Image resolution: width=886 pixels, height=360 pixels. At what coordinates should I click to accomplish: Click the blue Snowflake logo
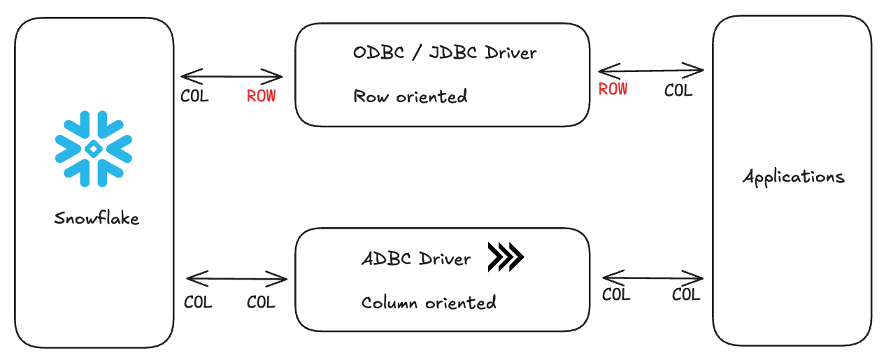(x=93, y=148)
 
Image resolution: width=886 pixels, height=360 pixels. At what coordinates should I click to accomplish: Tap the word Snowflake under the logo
(x=97, y=218)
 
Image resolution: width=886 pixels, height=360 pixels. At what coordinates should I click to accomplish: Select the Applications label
(x=793, y=177)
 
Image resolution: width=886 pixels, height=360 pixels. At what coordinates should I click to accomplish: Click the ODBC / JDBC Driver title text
(x=445, y=52)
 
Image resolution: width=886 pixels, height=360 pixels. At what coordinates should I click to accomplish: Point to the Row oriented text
(x=410, y=96)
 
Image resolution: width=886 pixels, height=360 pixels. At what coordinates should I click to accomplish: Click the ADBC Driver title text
(x=416, y=259)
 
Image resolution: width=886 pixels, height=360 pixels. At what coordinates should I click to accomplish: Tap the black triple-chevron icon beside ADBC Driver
(x=506, y=257)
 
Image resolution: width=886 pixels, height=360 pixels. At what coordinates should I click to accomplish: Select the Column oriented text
(x=429, y=303)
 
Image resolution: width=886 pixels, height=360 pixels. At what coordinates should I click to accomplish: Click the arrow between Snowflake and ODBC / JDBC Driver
(x=231, y=75)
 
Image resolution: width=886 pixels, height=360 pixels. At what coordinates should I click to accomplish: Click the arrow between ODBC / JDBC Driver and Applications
(x=650, y=70)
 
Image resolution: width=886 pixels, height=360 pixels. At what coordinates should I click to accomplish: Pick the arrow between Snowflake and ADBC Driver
(x=237, y=280)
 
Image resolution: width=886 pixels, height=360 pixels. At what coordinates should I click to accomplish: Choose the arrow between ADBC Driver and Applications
(x=652, y=278)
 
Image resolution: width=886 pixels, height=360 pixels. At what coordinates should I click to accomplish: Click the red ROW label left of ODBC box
(x=261, y=96)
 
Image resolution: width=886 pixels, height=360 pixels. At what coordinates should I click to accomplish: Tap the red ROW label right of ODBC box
(x=613, y=89)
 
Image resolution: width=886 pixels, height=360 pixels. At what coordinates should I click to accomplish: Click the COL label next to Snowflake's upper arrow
(x=194, y=96)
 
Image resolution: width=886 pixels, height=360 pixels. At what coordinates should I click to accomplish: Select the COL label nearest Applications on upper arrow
(x=678, y=91)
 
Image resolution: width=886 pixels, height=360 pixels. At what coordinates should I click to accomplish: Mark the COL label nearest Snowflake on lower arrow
(x=198, y=303)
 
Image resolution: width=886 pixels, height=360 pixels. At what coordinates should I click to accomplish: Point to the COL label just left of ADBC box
(x=261, y=303)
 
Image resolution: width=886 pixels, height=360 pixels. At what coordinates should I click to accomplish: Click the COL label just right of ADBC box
(x=616, y=295)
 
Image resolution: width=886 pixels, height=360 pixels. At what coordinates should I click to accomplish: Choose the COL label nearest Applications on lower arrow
(x=686, y=295)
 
